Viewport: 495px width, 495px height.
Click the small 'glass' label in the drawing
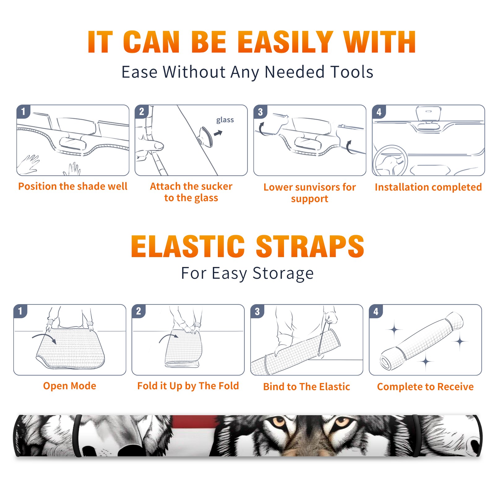(x=225, y=120)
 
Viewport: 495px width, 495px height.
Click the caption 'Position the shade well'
(x=73, y=186)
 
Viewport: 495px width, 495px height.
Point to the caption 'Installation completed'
(x=428, y=187)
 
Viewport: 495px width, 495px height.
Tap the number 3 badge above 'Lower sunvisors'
(x=260, y=112)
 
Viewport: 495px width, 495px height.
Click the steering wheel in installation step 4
(x=390, y=161)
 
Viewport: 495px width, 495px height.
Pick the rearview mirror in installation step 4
(x=428, y=114)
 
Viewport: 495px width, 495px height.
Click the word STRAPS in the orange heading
(x=310, y=246)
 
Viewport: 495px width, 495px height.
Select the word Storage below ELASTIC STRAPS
(x=283, y=273)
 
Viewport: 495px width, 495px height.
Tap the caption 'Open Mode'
(x=70, y=386)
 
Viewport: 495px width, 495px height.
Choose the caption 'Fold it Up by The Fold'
(x=188, y=386)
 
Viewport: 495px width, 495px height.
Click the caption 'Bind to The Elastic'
(x=307, y=387)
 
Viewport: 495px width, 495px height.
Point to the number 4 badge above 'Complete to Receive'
(x=376, y=311)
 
